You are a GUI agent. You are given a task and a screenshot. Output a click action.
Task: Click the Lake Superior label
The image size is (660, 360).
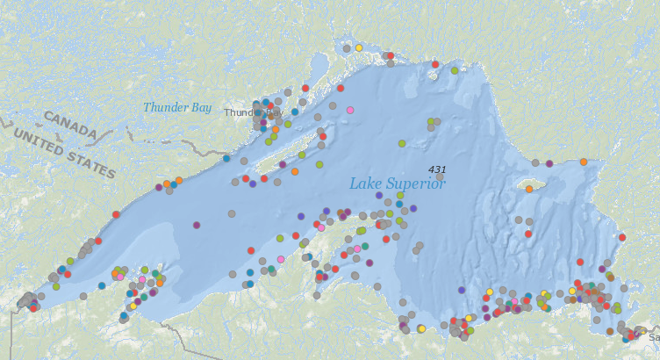click(x=398, y=184)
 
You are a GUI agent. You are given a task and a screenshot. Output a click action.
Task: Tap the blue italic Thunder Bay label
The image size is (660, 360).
click(x=177, y=107)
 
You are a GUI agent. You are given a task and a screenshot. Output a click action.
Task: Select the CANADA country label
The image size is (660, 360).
click(x=69, y=123)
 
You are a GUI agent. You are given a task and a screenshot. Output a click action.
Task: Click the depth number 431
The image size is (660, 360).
click(x=437, y=169)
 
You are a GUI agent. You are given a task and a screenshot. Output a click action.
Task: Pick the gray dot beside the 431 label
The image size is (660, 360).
click(x=440, y=176)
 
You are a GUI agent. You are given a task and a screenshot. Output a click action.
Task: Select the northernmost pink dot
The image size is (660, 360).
click(x=350, y=110)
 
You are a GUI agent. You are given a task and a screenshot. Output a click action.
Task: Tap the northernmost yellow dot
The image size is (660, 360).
click(x=359, y=47)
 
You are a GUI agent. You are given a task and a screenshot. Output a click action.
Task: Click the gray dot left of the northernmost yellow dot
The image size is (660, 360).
click(x=347, y=48)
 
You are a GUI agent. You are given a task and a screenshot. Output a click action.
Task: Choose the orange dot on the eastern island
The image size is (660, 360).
click(x=529, y=188)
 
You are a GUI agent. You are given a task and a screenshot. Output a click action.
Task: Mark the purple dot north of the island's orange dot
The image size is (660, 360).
click(x=549, y=163)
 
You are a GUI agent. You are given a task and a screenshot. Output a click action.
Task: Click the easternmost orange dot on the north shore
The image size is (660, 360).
click(x=583, y=162)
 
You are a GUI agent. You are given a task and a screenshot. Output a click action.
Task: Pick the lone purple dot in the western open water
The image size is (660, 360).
click(x=197, y=225)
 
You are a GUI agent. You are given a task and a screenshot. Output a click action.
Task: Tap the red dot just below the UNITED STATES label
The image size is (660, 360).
click(x=116, y=214)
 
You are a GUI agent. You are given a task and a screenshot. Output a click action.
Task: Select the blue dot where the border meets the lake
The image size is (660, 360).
click(x=226, y=159)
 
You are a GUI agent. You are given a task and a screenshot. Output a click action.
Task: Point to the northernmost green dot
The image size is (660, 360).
click(x=455, y=70)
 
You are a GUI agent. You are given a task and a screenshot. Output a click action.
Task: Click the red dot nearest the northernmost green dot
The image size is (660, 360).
click(x=434, y=64)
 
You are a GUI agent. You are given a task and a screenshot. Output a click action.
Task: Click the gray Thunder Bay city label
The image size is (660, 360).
click(x=242, y=112)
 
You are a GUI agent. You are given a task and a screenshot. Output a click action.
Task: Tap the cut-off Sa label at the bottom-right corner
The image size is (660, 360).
click(x=653, y=336)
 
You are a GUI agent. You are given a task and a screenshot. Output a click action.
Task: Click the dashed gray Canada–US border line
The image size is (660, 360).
click(x=132, y=136)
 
